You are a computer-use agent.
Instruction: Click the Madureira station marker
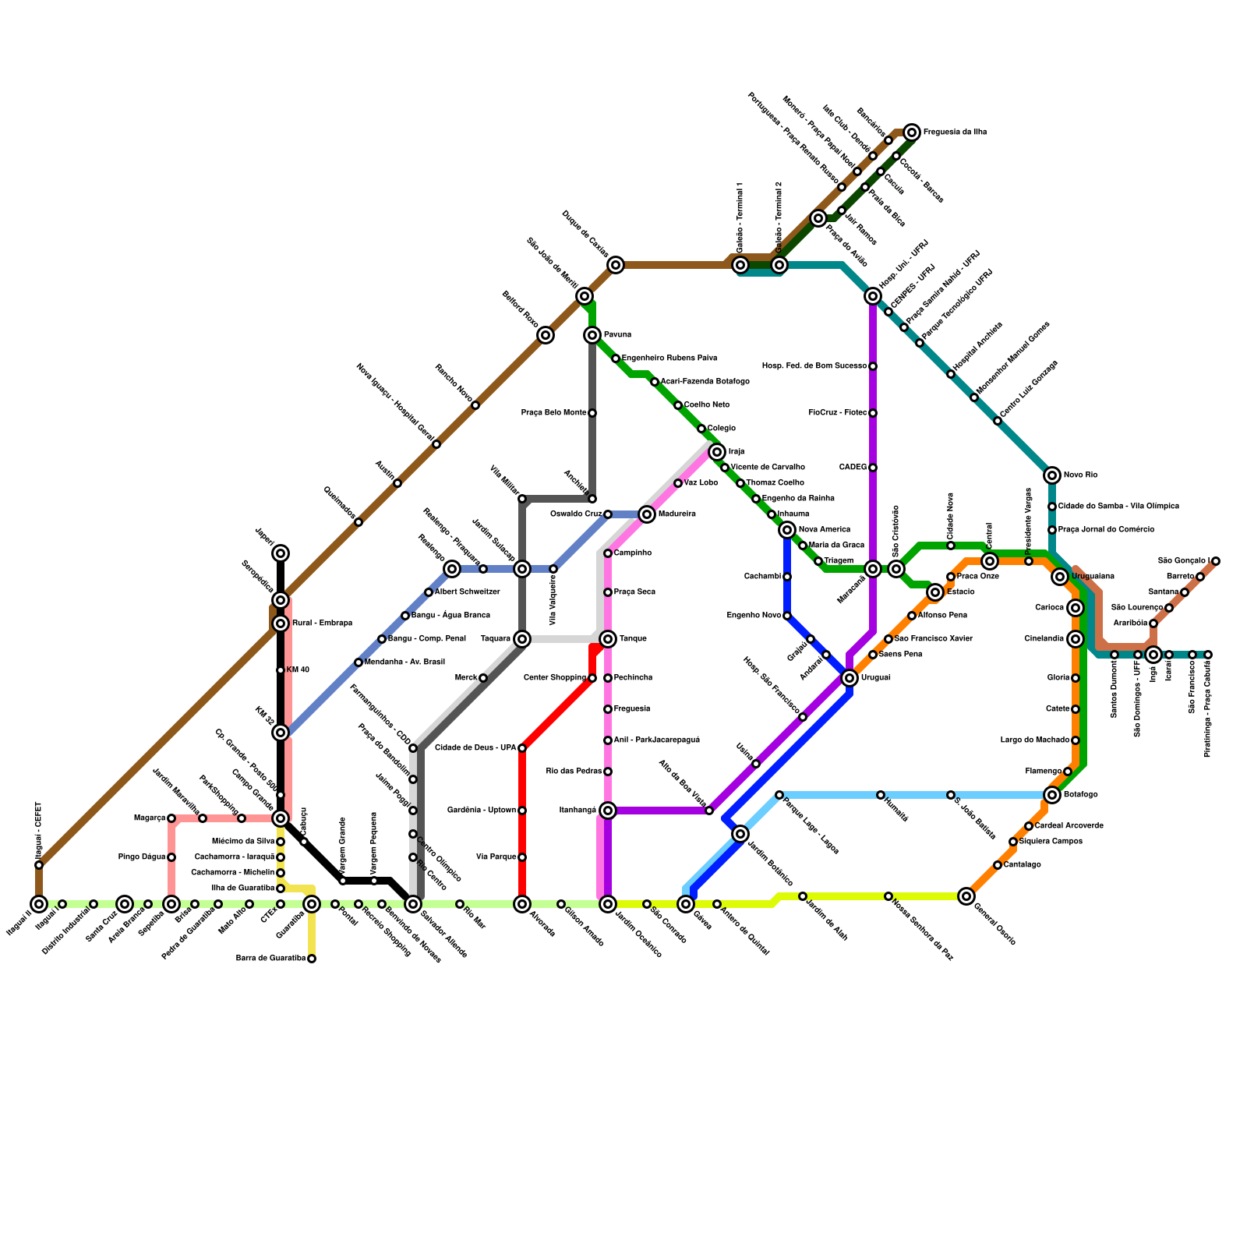point(647,514)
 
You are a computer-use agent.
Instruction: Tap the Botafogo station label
point(1080,795)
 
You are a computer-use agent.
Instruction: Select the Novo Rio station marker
point(1052,475)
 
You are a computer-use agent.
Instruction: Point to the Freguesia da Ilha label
point(955,132)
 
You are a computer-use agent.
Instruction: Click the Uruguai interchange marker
point(850,678)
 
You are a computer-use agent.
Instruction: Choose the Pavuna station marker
point(592,335)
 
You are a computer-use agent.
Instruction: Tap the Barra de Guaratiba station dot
point(312,959)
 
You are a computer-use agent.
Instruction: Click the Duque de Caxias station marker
point(616,265)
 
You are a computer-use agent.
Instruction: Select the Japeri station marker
point(281,553)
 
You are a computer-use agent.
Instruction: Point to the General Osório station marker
point(966,896)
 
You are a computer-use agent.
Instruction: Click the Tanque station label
point(633,639)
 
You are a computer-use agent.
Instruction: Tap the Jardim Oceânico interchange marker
point(608,904)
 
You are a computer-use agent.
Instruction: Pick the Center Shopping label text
point(555,678)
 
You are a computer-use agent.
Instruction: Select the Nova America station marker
point(787,530)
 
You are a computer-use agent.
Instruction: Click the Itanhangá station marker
point(608,811)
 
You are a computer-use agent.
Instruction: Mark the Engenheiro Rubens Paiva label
point(669,359)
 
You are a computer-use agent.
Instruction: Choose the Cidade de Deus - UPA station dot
point(522,748)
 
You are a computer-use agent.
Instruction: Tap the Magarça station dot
point(171,818)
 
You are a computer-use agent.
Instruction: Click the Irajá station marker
point(717,452)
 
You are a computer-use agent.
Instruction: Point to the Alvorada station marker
point(522,904)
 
